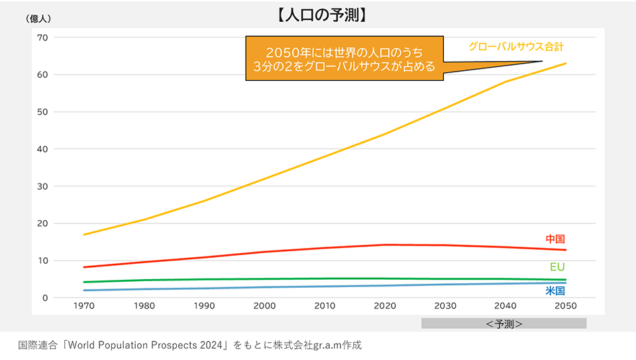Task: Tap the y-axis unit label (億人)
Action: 39,19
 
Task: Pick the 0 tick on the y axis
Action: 46,298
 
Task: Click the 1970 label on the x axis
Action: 84,306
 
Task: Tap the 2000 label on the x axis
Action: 265,306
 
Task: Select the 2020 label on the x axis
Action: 385,306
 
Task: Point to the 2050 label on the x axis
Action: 565,306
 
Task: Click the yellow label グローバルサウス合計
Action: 516,47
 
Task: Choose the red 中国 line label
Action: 555,239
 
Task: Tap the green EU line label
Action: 557,267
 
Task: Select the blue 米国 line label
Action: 555,291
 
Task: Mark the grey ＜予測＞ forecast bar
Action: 503,324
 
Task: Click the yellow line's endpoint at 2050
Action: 566,64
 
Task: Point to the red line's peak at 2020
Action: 385,245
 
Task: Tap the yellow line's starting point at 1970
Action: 84,235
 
